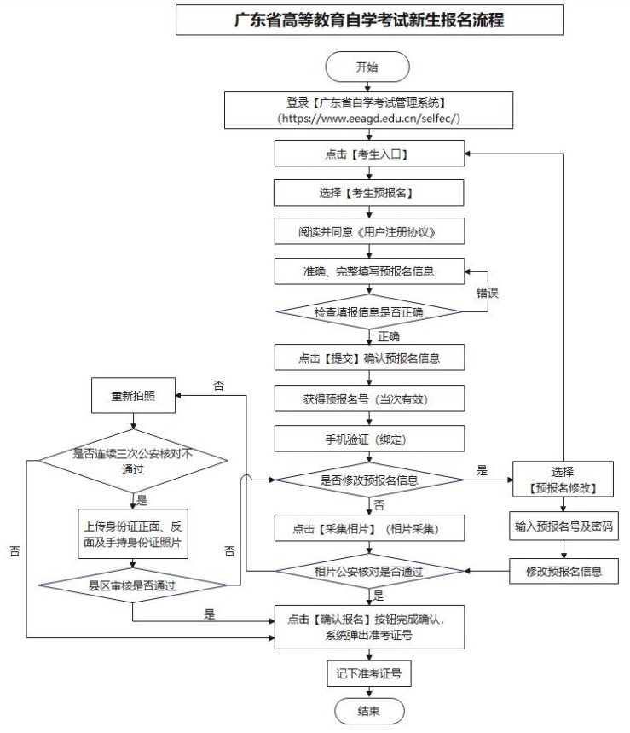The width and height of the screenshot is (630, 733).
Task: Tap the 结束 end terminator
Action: pyautogui.click(x=369, y=710)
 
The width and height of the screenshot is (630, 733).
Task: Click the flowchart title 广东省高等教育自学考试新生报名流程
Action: pyautogui.click(x=369, y=20)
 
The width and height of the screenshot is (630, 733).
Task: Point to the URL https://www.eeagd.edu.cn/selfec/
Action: pyautogui.click(x=369, y=118)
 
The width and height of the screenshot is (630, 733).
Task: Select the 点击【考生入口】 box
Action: pyautogui.click(x=369, y=154)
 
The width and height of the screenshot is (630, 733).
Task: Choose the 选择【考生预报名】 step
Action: pyautogui.click(x=369, y=193)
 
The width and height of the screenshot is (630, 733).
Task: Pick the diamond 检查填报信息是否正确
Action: pyautogui.click(x=369, y=312)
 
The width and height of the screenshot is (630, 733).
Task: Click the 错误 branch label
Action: pyautogui.click(x=487, y=293)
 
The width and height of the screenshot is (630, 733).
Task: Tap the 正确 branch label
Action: pyautogui.click(x=389, y=335)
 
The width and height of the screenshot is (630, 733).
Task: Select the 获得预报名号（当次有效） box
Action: pyautogui.click(x=369, y=398)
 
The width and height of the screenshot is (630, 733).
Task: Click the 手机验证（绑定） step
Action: pyautogui.click(x=369, y=438)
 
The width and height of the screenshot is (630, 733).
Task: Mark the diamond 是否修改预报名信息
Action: pyautogui.click(x=369, y=480)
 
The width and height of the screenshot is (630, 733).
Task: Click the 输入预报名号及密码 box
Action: pyautogui.click(x=563, y=526)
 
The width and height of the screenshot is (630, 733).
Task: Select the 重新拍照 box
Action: pyautogui.click(x=131, y=396)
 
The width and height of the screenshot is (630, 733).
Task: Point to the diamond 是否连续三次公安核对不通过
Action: pyautogui.click(x=132, y=462)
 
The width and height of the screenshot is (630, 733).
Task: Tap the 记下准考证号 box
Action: pyautogui.click(x=369, y=673)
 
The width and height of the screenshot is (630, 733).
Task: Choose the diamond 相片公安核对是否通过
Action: pyautogui.click(x=369, y=570)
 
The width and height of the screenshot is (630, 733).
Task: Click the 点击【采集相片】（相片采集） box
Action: pyautogui.click(x=369, y=527)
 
